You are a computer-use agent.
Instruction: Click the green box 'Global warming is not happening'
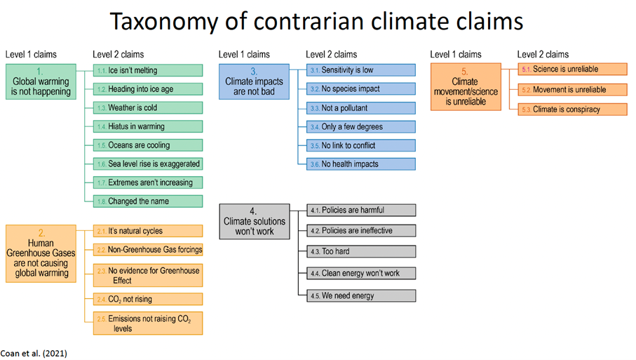tap(41, 81)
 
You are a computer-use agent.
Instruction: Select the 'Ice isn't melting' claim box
tap(148, 70)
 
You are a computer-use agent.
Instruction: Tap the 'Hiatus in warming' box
tap(148, 126)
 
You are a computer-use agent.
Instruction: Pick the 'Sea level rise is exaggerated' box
tap(148, 164)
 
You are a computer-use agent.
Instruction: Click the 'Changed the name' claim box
tap(148, 201)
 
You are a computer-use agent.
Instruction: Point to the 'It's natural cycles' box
tap(148, 231)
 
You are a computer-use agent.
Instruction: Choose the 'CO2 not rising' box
tap(148, 299)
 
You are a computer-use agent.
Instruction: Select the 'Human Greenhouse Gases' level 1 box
tap(41, 253)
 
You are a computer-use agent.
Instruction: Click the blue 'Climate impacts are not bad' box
tap(255, 81)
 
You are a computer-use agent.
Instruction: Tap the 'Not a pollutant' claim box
tap(361, 108)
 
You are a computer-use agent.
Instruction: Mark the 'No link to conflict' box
tap(361, 145)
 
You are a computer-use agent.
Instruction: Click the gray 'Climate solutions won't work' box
tap(255, 222)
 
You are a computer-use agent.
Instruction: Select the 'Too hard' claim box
tap(361, 251)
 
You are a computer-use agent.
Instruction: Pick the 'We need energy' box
tap(361, 295)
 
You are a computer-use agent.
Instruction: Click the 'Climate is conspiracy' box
tap(573, 109)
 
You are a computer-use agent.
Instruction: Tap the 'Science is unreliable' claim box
tap(573, 69)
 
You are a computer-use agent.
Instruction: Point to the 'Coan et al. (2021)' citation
tap(34, 354)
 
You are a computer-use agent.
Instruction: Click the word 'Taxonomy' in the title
tap(165, 22)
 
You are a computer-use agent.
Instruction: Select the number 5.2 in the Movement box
tap(526, 90)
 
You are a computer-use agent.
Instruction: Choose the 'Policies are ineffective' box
tap(361, 231)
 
